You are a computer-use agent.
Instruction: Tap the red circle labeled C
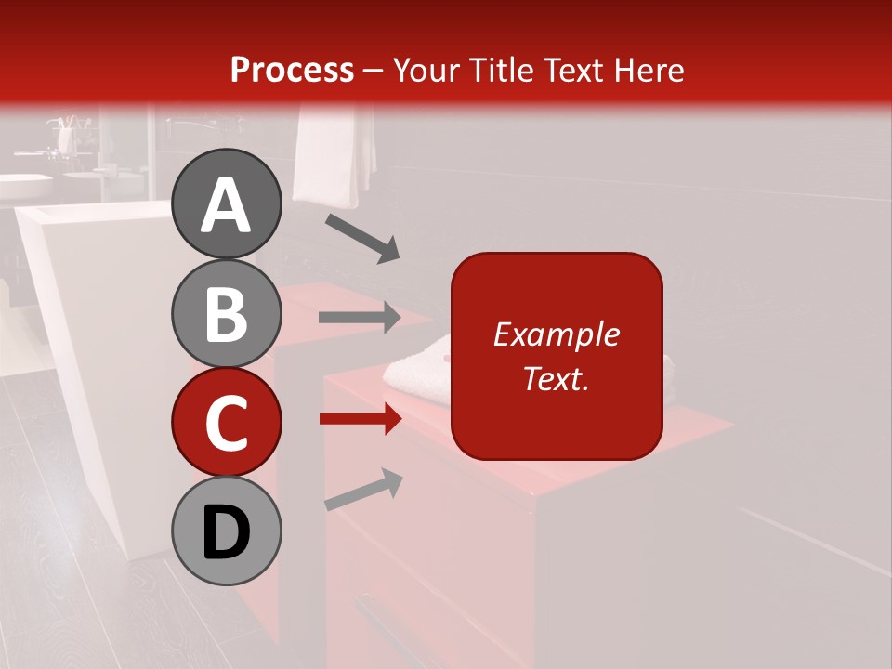click(226, 422)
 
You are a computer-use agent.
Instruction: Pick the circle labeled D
click(226, 531)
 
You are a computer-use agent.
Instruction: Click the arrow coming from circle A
click(362, 238)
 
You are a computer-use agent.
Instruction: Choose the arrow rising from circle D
click(363, 490)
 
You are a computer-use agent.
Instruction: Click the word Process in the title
click(292, 70)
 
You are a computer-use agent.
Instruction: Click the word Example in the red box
click(556, 334)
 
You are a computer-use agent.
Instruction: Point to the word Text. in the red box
click(556, 378)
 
